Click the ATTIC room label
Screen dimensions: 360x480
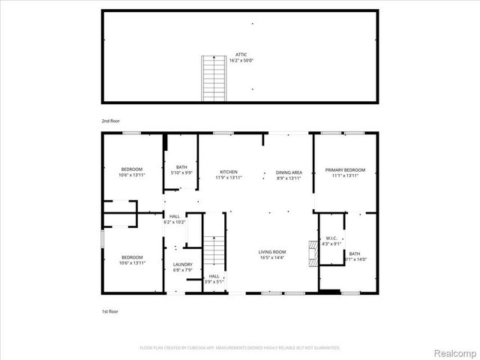[241, 54]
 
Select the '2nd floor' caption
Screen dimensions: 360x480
[110, 120]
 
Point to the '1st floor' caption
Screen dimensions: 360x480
[109, 310]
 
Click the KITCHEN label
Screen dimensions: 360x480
[229, 171]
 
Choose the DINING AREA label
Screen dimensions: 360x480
[288, 171]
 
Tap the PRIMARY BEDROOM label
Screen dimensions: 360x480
[345, 170]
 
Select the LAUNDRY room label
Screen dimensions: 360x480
[183, 264]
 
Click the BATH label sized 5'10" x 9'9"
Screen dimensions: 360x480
[181, 167]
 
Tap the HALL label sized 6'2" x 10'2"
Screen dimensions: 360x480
[174, 216]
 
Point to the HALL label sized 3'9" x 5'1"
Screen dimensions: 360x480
[214, 276]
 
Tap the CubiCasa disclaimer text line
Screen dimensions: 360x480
[240, 348]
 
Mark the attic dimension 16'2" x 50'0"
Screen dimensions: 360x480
[241, 60]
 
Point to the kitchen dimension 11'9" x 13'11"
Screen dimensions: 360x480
[229, 178]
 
